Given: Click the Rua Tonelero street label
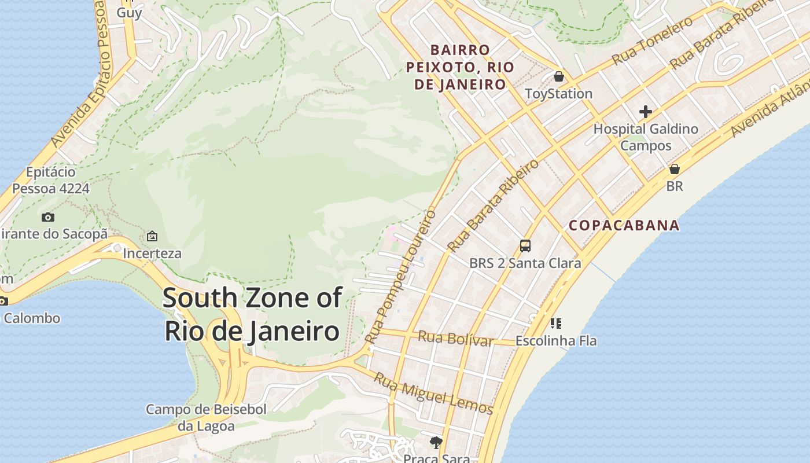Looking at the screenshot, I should [x=652, y=41].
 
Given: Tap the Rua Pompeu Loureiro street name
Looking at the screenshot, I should [x=402, y=276].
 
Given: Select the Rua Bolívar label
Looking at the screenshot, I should [x=455, y=338].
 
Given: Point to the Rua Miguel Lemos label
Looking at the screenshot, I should [x=433, y=394].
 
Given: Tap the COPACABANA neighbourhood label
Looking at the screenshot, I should [x=624, y=225].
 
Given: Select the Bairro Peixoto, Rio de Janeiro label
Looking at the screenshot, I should [x=460, y=67].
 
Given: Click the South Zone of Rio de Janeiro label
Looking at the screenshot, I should [x=252, y=314].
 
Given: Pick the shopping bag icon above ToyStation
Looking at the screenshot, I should [x=559, y=76].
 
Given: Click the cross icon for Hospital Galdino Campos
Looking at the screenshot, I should [x=646, y=112].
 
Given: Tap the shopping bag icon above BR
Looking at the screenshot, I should [x=675, y=169].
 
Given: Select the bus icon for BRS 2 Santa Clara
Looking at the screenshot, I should [x=525, y=246].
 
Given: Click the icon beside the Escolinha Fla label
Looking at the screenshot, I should [x=555, y=323].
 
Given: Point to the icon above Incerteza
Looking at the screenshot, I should [x=152, y=236].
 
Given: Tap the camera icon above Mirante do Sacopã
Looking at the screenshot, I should [x=48, y=218].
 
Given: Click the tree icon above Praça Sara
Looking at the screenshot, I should [x=436, y=443].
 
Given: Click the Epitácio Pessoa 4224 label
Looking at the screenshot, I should [x=51, y=180].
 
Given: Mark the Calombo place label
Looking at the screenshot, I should [x=31, y=318].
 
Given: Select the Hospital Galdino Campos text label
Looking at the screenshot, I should [x=646, y=137].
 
